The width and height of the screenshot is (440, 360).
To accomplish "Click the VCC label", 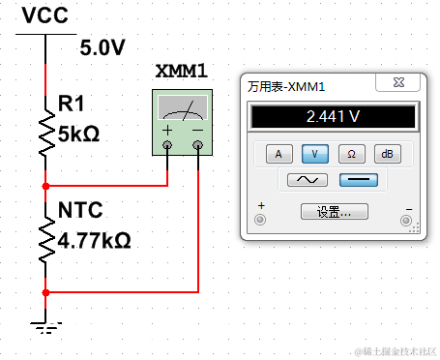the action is pyautogui.click(x=45, y=15).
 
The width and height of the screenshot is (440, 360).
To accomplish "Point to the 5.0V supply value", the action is pyautogui.click(x=103, y=47).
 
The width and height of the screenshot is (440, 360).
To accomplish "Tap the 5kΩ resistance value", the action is pyautogui.click(x=78, y=135).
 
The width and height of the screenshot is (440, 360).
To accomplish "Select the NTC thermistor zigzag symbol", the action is pyautogui.click(x=46, y=239).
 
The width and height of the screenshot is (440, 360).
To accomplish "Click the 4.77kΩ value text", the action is pyautogui.click(x=94, y=240).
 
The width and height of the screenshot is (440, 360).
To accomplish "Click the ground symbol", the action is pyautogui.click(x=45, y=327).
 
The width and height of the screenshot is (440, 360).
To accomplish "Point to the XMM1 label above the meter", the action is pyautogui.click(x=182, y=71).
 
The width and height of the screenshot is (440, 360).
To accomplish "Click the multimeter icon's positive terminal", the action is pyautogui.click(x=167, y=145).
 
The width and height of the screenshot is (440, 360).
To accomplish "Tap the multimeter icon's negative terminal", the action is pyautogui.click(x=197, y=145).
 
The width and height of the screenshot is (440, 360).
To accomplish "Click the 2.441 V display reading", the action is pyautogui.click(x=333, y=116).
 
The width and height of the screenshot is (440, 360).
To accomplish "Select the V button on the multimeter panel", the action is pyautogui.click(x=315, y=154).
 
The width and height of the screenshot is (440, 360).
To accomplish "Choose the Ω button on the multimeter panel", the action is pyautogui.click(x=352, y=154).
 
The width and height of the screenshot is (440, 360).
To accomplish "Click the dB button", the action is pyautogui.click(x=388, y=154).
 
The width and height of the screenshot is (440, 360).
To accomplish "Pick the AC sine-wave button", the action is pyautogui.click(x=308, y=180).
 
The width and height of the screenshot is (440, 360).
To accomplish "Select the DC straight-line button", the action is pyautogui.click(x=359, y=180).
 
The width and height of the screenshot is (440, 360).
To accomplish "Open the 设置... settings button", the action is pyautogui.click(x=335, y=212).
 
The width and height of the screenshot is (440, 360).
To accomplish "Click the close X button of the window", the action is pyautogui.click(x=398, y=82).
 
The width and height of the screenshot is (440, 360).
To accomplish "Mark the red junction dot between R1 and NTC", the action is pyautogui.click(x=45, y=186).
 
